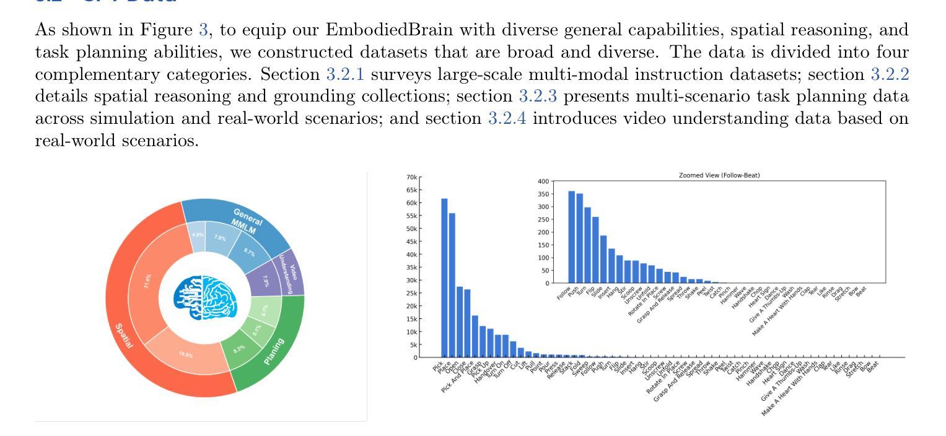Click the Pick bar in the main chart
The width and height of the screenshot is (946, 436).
coord(444,278)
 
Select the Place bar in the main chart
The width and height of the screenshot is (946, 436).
coord(452,285)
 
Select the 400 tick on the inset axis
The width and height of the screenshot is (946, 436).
coord(543,181)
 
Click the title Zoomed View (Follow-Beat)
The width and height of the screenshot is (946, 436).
coord(719,175)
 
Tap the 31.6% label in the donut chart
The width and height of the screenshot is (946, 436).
coord(146,282)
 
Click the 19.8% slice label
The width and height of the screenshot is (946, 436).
coord(185,354)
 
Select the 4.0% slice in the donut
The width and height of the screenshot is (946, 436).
coord(197,235)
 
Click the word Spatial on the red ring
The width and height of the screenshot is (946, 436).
coord(123,335)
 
